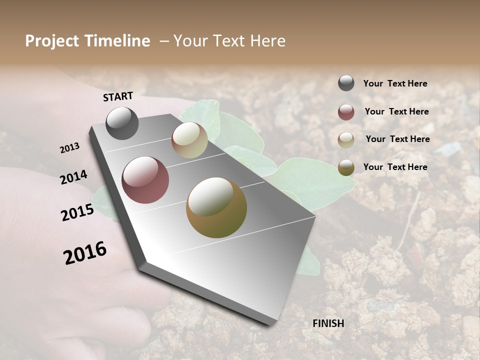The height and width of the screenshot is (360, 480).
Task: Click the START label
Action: (118, 96)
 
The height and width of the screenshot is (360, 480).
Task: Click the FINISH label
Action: (328, 323)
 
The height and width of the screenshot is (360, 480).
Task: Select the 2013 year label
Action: (69, 148)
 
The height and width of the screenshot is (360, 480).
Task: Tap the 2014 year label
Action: (73, 177)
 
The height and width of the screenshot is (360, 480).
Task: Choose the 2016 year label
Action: (85, 253)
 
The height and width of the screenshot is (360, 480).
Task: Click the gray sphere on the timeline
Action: (122, 123)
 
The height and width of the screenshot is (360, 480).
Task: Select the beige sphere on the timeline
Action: (189, 140)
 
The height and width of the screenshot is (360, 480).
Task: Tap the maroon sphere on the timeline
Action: (145, 180)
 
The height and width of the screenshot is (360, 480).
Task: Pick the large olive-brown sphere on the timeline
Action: (216, 207)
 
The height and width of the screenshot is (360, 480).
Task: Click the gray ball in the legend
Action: (346, 83)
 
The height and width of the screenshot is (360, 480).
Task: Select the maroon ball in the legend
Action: (346, 112)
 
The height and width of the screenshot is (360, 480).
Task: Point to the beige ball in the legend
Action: (346, 140)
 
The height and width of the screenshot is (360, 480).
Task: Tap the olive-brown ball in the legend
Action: (346, 167)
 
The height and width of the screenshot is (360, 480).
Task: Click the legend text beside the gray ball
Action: (395, 84)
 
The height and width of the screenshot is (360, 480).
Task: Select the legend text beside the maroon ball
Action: (396, 111)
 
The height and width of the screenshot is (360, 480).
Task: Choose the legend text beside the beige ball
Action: (397, 139)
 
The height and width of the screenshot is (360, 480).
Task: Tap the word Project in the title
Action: (51, 41)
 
